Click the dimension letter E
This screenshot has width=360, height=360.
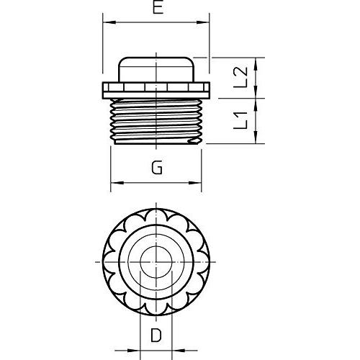coord(158,7)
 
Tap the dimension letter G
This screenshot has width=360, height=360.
coord(157,167)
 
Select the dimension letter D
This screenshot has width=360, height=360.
coord(156,336)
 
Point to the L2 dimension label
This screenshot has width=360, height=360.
coord(240,77)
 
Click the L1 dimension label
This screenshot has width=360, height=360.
coord(240,120)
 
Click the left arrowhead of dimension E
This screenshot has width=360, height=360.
coord(109,22)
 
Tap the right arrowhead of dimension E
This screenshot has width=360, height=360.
coord(203,22)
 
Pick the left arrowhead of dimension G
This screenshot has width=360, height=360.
coord(117,183)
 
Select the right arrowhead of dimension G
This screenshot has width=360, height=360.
coord(195,183)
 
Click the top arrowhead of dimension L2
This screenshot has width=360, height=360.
coord(256,64)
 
